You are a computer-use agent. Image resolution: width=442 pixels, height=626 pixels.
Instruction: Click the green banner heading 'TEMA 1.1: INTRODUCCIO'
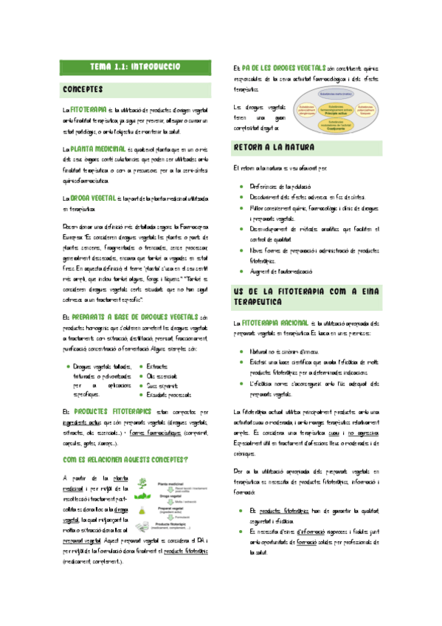coord(135,67)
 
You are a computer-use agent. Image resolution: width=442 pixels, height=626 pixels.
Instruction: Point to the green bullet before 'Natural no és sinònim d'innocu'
coord(242,353)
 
